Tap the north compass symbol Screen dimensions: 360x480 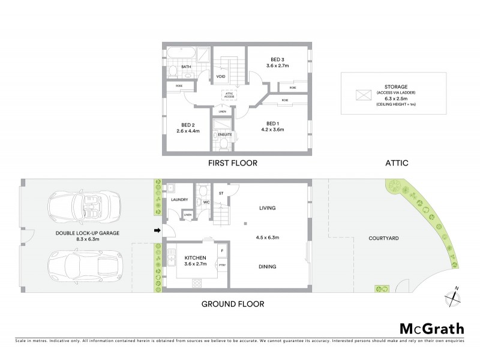point(452,296)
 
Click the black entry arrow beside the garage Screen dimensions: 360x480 point(157,230)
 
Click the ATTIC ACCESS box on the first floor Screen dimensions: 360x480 point(228,94)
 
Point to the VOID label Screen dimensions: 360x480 point(220,76)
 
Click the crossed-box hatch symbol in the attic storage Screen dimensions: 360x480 point(363,95)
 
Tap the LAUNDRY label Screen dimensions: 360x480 point(179,199)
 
